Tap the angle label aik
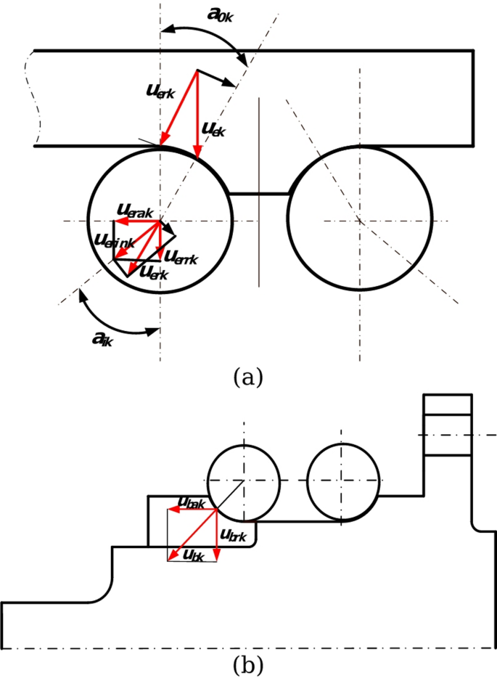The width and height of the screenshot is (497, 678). point(102,338)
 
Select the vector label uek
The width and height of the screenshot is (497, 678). point(213,129)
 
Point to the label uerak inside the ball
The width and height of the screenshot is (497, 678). point(134,208)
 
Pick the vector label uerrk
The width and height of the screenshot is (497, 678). point(181,256)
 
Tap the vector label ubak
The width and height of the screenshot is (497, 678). point(192,502)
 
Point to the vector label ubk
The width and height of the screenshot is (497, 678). point(194,556)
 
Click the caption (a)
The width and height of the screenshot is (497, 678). point(247,377)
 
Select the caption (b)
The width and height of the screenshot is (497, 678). point(247,663)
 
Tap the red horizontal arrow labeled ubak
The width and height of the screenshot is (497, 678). point(193,510)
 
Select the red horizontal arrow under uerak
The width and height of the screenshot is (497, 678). point(138,221)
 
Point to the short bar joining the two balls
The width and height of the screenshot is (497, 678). point(260,193)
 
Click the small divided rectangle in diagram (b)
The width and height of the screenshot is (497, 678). point(448,425)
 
